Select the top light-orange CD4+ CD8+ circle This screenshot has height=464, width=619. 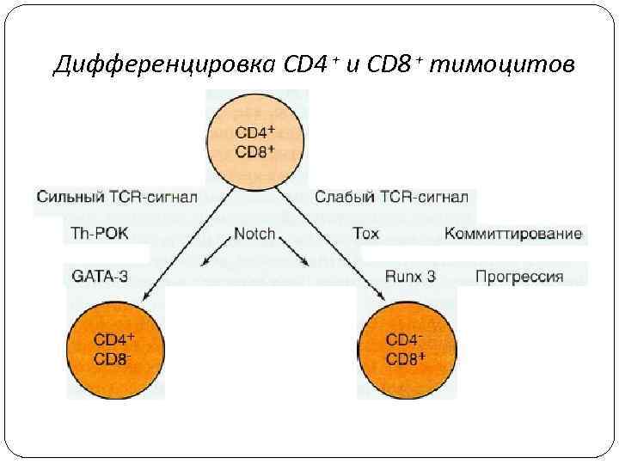(x=255, y=143)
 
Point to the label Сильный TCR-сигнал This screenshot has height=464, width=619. (x=117, y=197)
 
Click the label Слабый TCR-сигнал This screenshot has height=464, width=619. (x=391, y=197)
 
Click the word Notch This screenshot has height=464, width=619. (x=254, y=234)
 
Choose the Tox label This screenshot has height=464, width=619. (x=365, y=234)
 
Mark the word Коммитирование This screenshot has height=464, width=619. (x=513, y=234)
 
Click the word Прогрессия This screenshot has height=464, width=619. (x=519, y=277)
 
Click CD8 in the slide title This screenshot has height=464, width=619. (x=391, y=64)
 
